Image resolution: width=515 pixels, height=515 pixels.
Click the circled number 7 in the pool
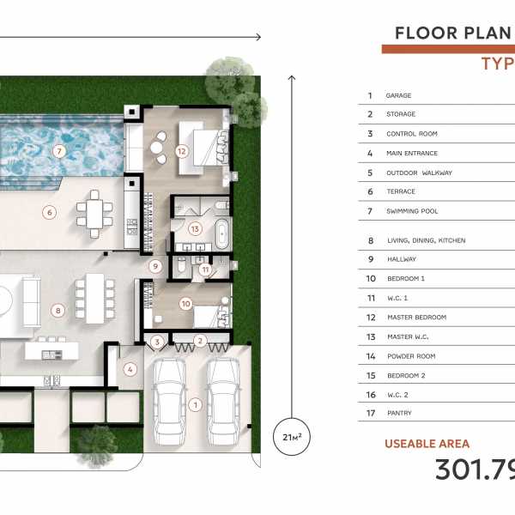coord(59,151)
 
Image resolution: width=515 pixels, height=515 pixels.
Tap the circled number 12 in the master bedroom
coord(182,151)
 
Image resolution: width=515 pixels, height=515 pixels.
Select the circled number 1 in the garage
coord(196,404)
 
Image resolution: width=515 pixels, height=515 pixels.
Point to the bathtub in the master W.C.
coord(222,233)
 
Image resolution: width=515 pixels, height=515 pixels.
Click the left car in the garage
coord(169,402)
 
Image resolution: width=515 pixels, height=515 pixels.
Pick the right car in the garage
coord(223,402)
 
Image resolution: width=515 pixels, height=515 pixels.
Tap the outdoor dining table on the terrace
coord(94,214)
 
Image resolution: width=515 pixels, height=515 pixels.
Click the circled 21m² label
coord(292,437)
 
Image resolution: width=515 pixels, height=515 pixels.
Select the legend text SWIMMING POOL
coord(412,211)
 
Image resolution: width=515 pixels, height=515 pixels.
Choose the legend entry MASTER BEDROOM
coord(417,318)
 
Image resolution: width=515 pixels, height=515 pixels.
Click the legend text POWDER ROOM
coord(411,356)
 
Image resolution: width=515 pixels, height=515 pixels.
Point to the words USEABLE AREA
coord(427,444)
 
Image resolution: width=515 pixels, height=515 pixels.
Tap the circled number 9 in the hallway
coord(155,266)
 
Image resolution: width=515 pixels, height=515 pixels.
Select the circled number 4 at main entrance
coord(130,369)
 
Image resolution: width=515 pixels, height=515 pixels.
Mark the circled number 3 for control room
coord(157,342)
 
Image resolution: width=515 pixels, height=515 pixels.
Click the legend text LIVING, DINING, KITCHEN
coord(427,240)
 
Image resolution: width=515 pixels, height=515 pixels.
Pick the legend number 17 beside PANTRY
coord(371,413)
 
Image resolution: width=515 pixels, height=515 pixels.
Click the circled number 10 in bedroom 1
coord(186,304)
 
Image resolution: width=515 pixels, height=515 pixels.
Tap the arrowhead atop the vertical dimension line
coord(292,78)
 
